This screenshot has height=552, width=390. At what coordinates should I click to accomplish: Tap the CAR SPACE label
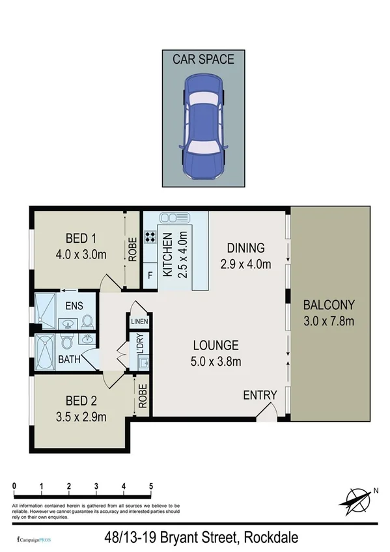(203, 59)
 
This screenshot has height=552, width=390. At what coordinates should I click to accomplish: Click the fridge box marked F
(149, 275)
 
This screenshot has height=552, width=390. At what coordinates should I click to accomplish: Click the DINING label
(245, 248)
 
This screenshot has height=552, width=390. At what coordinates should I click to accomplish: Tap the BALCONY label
(329, 304)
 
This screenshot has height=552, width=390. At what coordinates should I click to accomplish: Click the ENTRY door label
(260, 395)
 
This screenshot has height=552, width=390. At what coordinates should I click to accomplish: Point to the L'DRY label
(140, 344)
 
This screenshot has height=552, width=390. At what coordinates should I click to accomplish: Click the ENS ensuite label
(72, 304)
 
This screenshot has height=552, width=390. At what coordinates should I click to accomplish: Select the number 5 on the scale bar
(151, 486)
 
